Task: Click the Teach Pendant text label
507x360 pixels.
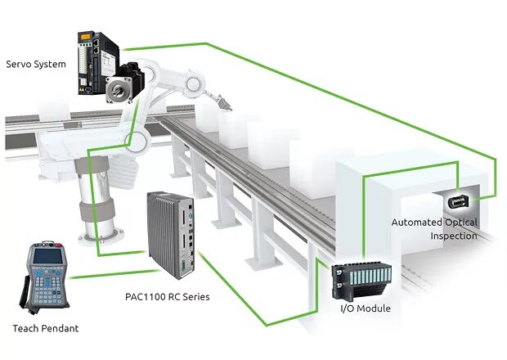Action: click(x=47, y=329)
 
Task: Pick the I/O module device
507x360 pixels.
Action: click(x=361, y=281)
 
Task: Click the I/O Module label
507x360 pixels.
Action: click(x=365, y=308)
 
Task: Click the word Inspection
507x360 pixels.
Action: click(x=455, y=236)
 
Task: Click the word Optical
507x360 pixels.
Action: click(x=462, y=222)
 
